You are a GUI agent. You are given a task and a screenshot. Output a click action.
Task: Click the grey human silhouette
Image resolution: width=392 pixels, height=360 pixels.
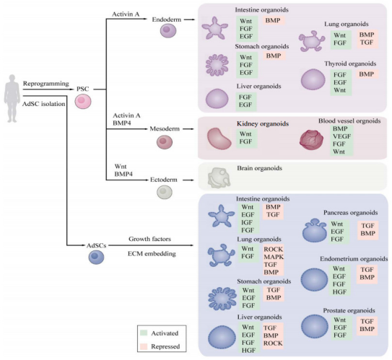12,99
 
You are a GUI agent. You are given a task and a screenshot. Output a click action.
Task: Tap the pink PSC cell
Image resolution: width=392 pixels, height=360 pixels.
83,102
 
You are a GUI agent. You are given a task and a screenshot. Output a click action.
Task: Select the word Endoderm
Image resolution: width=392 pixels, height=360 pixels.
167,19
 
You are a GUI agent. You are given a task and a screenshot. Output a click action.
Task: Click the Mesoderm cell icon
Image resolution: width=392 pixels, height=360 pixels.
165,142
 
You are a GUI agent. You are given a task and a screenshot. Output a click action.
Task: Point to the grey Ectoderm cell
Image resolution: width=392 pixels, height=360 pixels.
165,192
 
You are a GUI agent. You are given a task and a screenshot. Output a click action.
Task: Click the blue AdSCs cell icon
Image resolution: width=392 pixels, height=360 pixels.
96,257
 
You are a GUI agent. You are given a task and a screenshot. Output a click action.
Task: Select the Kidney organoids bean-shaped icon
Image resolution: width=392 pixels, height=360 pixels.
219,139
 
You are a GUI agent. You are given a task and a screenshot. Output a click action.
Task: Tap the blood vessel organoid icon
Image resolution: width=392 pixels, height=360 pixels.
311,140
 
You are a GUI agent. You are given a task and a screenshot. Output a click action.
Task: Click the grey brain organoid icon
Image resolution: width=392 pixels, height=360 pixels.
219,177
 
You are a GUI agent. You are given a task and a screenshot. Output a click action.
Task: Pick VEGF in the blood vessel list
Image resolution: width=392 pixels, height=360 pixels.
341,136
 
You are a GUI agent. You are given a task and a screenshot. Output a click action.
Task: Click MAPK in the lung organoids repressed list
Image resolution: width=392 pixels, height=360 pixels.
274,257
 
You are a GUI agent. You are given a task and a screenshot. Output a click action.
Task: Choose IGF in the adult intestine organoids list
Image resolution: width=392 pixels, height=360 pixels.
247,222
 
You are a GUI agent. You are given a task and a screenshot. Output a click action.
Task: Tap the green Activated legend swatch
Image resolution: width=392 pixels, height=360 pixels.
144,333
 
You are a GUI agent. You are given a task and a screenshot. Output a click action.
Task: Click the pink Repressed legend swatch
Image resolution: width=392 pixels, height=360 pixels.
144,346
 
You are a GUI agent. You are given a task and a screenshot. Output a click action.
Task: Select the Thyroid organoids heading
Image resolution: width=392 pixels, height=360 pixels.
350,63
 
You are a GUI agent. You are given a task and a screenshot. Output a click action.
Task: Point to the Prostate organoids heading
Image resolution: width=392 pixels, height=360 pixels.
349,310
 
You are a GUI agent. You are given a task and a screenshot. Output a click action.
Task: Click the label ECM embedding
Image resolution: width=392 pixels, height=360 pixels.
152,253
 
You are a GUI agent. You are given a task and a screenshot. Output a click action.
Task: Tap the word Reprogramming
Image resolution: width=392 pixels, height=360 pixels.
46,84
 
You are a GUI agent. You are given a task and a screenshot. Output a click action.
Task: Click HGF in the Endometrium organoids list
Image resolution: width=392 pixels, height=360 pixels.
339,291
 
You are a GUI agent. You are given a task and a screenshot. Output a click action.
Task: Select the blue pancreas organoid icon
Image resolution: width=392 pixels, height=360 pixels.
315,230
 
